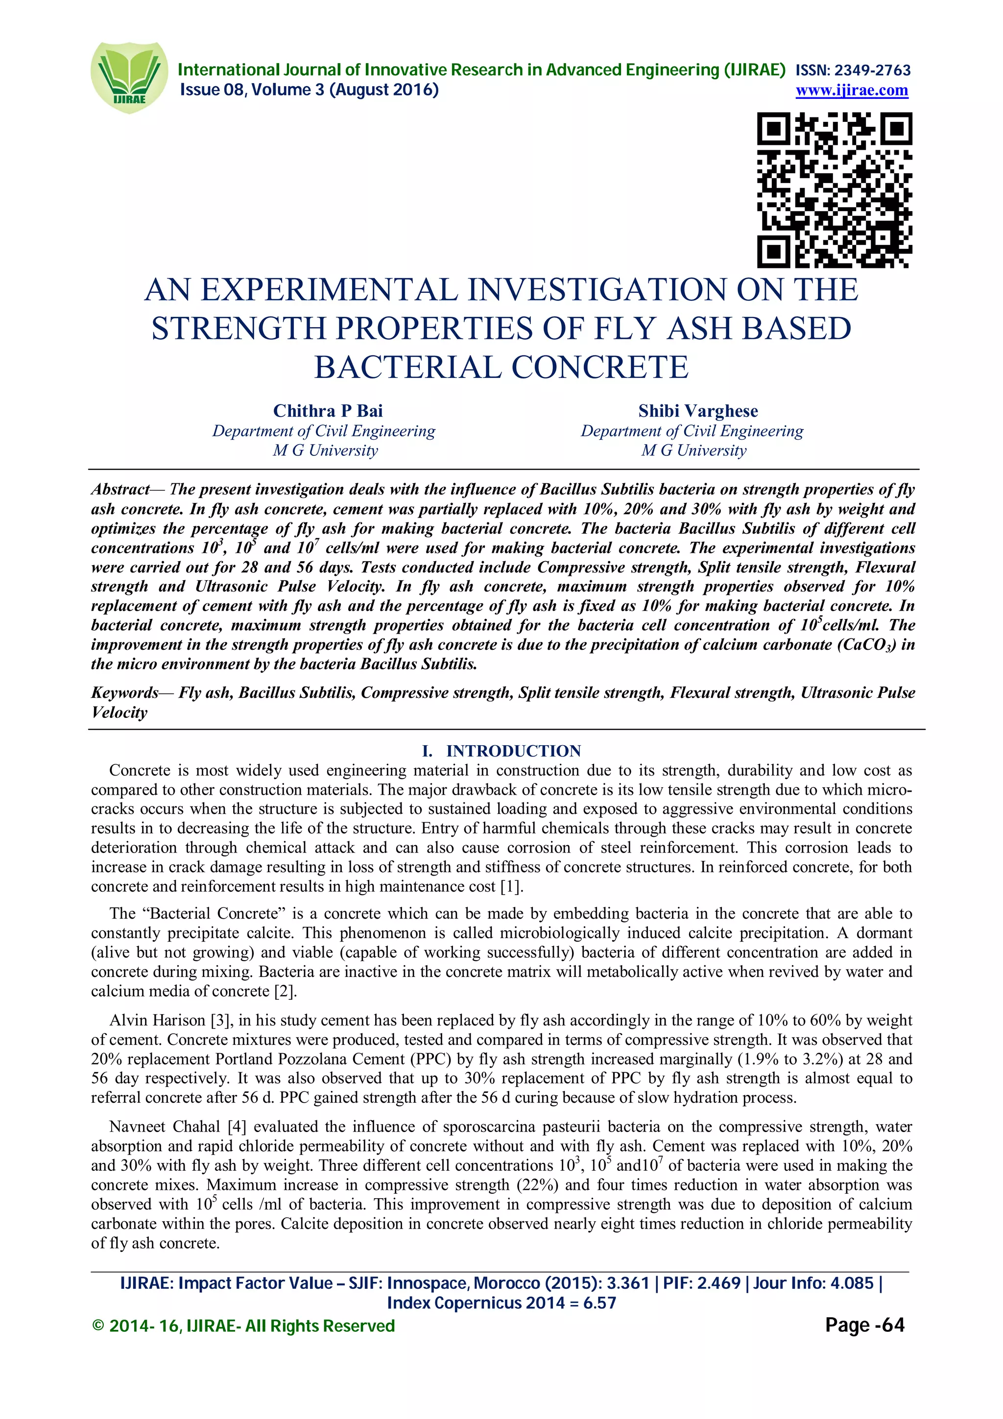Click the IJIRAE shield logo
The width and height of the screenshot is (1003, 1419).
coord(128,77)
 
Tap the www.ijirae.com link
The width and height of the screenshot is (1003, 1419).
coord(852,90)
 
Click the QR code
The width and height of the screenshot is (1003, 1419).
coord(835,189)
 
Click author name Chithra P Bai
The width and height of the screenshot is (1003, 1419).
coord(328,411)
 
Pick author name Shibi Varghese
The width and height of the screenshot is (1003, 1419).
coord(698,411)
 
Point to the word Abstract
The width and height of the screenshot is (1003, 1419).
coord(120,490)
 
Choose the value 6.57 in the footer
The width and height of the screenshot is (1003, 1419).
coord(599,1303)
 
